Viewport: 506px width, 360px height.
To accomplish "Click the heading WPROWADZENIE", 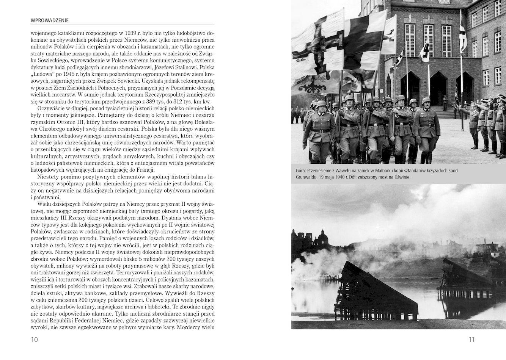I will [x=52, y=20].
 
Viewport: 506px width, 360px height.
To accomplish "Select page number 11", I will [x=471, y=339].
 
